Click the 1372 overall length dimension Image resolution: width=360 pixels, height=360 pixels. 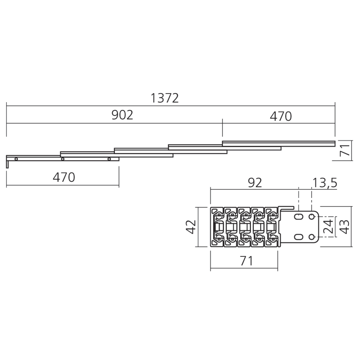(165, 98)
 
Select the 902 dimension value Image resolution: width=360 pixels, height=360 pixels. (122, 115)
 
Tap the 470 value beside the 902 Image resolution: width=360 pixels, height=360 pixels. (280, 116)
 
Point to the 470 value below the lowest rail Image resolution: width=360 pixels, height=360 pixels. (64, 177)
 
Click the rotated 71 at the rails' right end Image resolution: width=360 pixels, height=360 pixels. (345, 150)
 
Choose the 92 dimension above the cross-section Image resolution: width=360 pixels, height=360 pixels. (255, 183)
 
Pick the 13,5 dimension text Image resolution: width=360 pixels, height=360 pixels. (325, 183)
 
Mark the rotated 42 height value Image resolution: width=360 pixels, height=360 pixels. (191, 227)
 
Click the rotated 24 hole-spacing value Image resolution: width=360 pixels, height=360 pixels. (328, 226)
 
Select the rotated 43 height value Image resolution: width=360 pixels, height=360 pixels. (345, 227)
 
